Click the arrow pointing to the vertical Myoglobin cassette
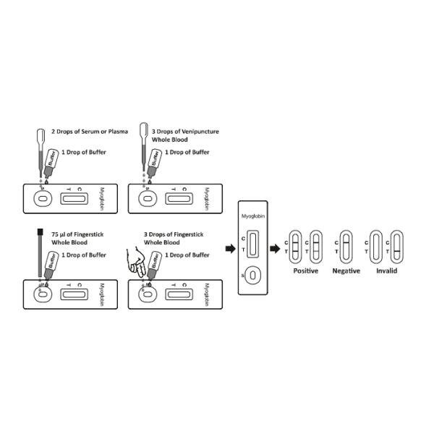(x=231, y=249)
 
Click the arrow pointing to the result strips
(x=276, y=249)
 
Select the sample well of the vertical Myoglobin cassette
(x=252, y=276)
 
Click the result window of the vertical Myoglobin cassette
(x=252, y=240)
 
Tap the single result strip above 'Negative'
(x=346, y=247)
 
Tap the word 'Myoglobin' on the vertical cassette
(x=252, y=216)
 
